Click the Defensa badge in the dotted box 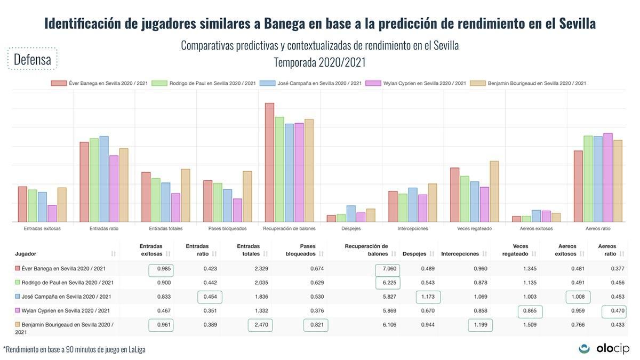[x=33, y=59]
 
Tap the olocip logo [x=604, y=348]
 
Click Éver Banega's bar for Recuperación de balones [x=270, y=162]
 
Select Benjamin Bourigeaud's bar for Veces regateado [x=494, y=191]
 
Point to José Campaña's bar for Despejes [x=351, y=214]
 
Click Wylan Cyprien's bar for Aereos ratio [x=607, y=178]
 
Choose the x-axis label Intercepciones [x=413, y=228]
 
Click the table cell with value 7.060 [x=388, y=268]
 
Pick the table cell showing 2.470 [x=260, y=324]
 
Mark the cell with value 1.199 [x=481, y=324]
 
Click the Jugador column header [x=26, y=254]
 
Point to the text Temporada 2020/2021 [x=319, y=62]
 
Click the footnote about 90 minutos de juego [x=75, y=349]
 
